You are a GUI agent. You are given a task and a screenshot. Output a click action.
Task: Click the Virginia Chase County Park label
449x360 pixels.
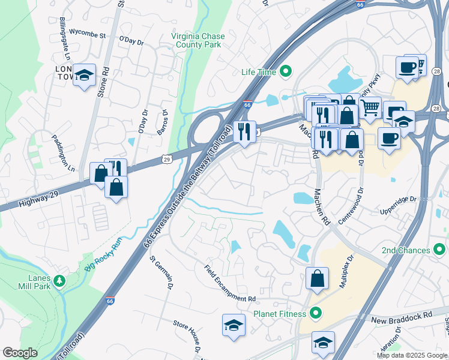(197, 41)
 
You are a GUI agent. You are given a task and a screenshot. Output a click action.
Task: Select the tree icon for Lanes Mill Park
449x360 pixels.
(59, 281)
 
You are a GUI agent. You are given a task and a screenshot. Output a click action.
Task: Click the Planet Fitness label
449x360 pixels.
(280, 313)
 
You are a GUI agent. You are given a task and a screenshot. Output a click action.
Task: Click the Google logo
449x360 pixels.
(20, 353)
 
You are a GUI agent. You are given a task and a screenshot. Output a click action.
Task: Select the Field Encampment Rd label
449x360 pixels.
(230, 283)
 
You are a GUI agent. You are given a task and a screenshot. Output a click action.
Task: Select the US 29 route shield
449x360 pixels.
(167, 158)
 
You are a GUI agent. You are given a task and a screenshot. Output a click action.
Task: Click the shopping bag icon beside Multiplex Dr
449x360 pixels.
(317, 278)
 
